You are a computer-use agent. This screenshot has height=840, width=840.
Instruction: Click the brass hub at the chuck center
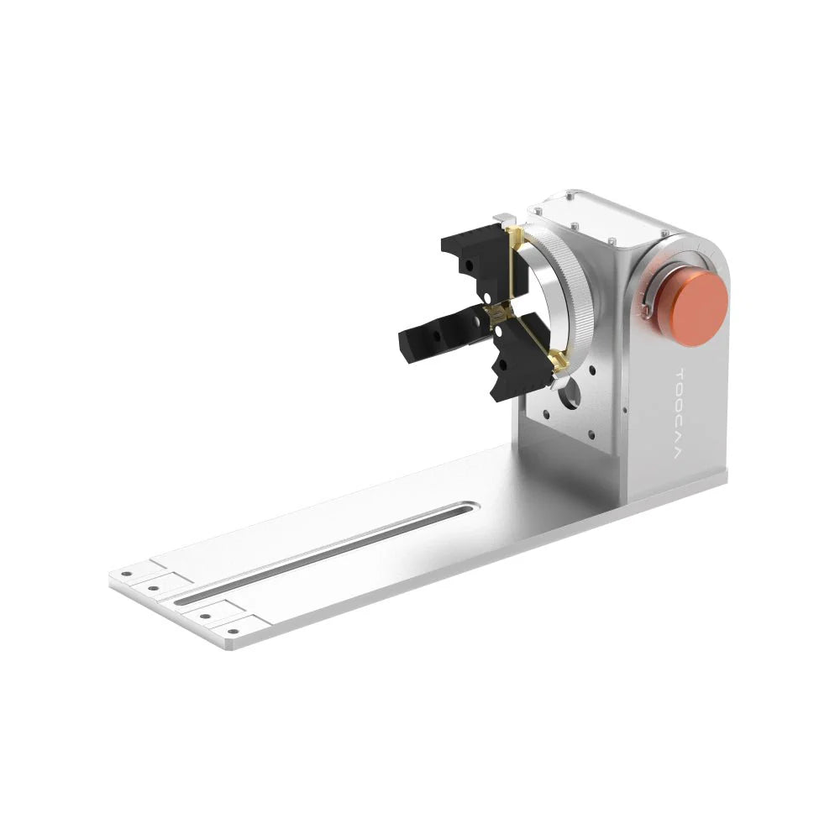click(499, 315)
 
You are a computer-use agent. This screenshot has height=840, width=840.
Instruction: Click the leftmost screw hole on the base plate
click(127, 575)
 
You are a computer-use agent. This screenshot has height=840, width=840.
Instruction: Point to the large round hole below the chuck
click(570, 392)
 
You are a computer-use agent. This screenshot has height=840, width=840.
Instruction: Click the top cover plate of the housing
click(605, 215)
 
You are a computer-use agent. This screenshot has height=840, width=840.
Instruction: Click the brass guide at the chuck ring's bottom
click(556, 363)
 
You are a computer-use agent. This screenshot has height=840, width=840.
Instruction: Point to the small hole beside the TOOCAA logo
click(626, 411)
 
